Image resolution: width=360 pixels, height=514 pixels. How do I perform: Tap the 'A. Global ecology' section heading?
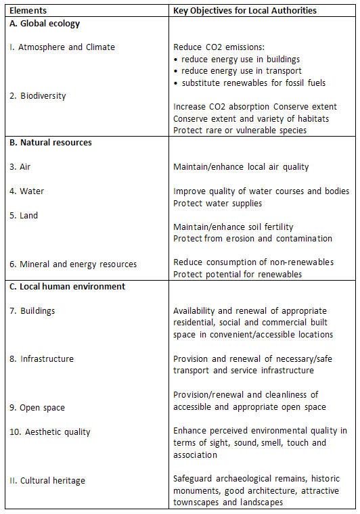pos(45,24)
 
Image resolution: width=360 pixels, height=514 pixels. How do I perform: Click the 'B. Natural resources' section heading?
pos(51,143)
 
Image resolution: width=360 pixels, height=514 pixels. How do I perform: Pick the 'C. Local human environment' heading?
pos(67,286)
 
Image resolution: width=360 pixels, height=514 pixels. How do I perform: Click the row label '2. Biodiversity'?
pos(38,96)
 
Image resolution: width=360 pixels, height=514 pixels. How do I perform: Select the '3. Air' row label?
pos(20,167)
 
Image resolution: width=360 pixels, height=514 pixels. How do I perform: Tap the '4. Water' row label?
pos(26,191)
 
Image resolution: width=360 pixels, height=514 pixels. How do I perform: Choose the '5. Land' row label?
pos(24,216)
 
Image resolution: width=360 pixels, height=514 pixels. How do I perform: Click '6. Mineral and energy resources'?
pos(73,264)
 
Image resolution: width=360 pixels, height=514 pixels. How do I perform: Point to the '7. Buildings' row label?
pos(32,311)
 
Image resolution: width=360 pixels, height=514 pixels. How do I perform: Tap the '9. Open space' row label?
pos(37,407)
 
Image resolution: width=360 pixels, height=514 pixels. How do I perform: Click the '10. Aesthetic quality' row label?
pos(50,431)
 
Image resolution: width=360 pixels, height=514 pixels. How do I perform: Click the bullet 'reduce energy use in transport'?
pos(242,71)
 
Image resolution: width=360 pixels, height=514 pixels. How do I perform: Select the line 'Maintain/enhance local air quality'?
pos(241,167)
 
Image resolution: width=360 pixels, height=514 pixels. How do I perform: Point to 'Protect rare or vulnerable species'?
pos(240,130)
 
